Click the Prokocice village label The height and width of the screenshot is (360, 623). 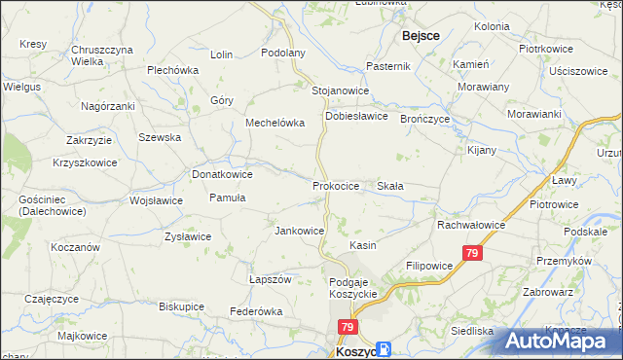coord(337,185)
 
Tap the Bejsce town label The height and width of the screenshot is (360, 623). coord(420,35)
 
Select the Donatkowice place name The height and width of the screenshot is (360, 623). coord(223,174)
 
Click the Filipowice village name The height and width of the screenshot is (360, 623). coord(429,265)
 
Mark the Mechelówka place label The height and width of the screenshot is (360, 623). coord(275,124)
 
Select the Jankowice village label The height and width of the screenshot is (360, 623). coord(299,232)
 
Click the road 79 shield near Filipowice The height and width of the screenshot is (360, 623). coord(472,253)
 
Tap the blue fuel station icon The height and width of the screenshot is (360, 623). coord(385,348)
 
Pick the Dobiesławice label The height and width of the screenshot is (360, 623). coord(356,116)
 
